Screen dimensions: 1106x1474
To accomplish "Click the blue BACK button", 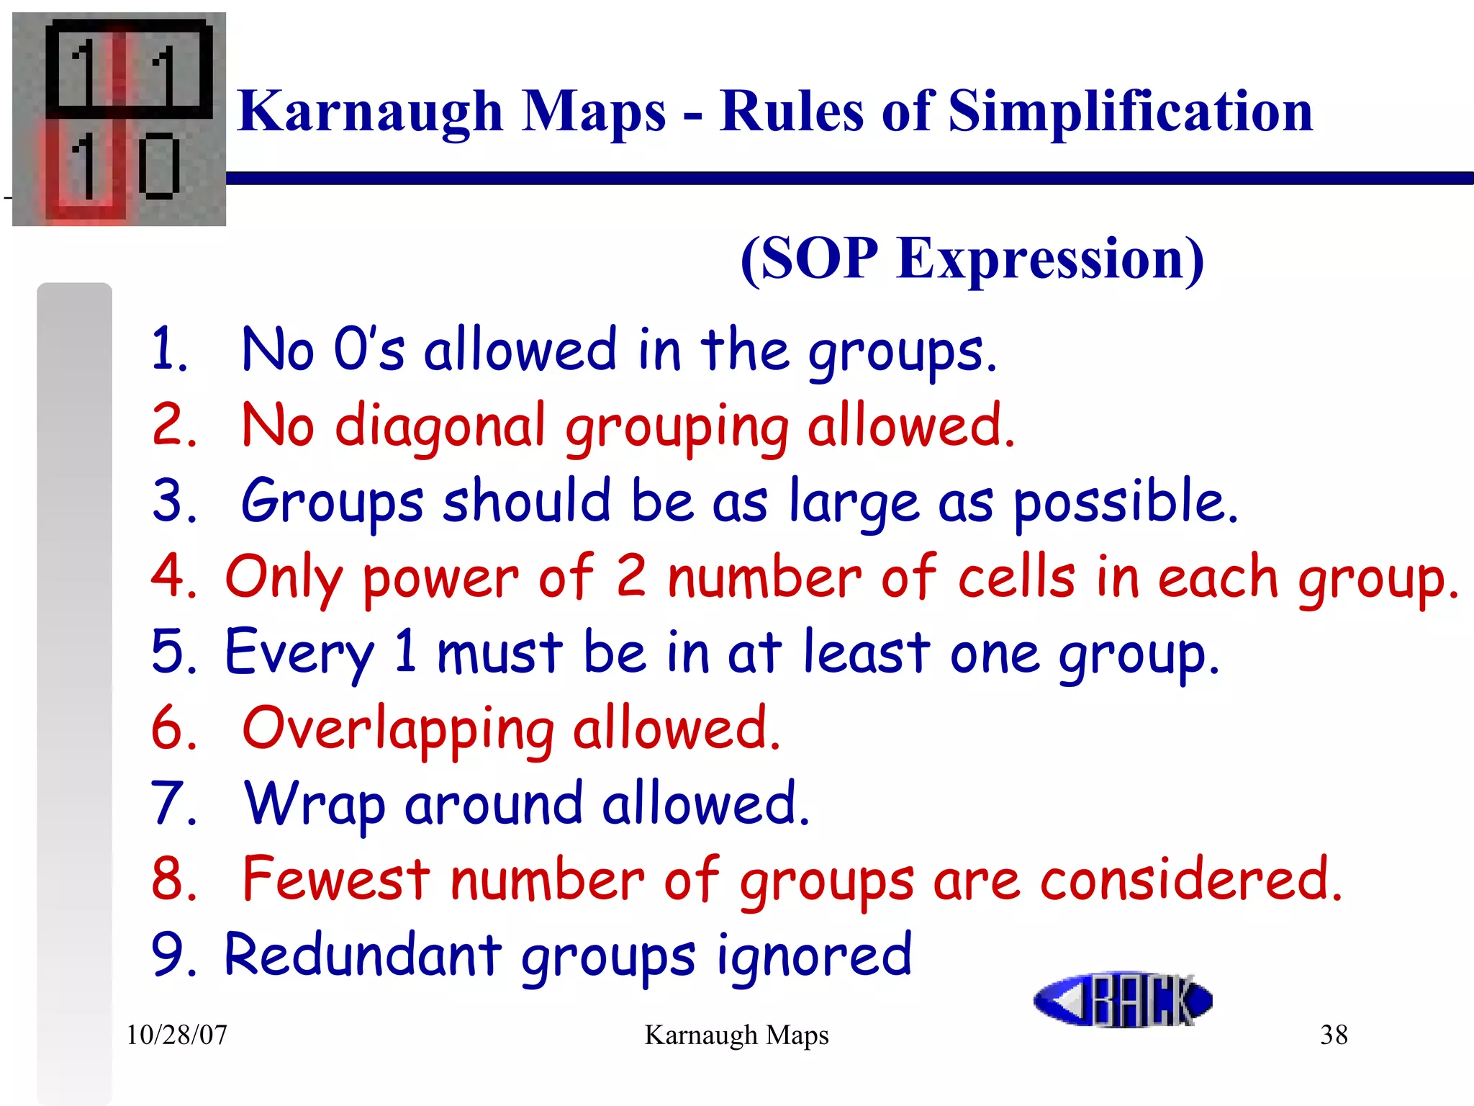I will [x=1123, y=999].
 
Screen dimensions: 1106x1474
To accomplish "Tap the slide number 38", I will [x=1334, y=1035].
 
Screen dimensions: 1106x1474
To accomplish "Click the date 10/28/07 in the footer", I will [x=176, y=1035].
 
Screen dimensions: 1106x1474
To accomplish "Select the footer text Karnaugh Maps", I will [x=736, y=1035].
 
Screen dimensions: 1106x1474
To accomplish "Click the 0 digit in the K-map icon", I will [x=158, y=166].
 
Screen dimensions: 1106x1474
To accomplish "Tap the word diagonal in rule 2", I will [x=440, y=426].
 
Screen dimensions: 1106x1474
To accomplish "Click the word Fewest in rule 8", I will [x=336, y=879].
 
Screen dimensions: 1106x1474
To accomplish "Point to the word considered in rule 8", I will [x=1191, y=879].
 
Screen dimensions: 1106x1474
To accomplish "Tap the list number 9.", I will [x=171, y=955].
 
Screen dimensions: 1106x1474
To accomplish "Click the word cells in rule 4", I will [x=1016, y=577].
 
